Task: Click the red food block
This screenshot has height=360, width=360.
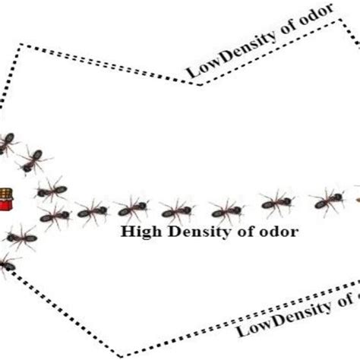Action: coord(7,200)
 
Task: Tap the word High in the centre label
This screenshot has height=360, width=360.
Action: coord(138,232)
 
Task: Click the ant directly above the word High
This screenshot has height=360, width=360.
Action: coord(134,209)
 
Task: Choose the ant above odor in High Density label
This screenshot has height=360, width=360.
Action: coord(276,202)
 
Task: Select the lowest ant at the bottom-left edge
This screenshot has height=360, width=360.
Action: coord(6,262)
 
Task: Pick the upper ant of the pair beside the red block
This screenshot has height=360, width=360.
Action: coord(50,188)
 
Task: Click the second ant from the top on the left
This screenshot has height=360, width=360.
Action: coord(32,159)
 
